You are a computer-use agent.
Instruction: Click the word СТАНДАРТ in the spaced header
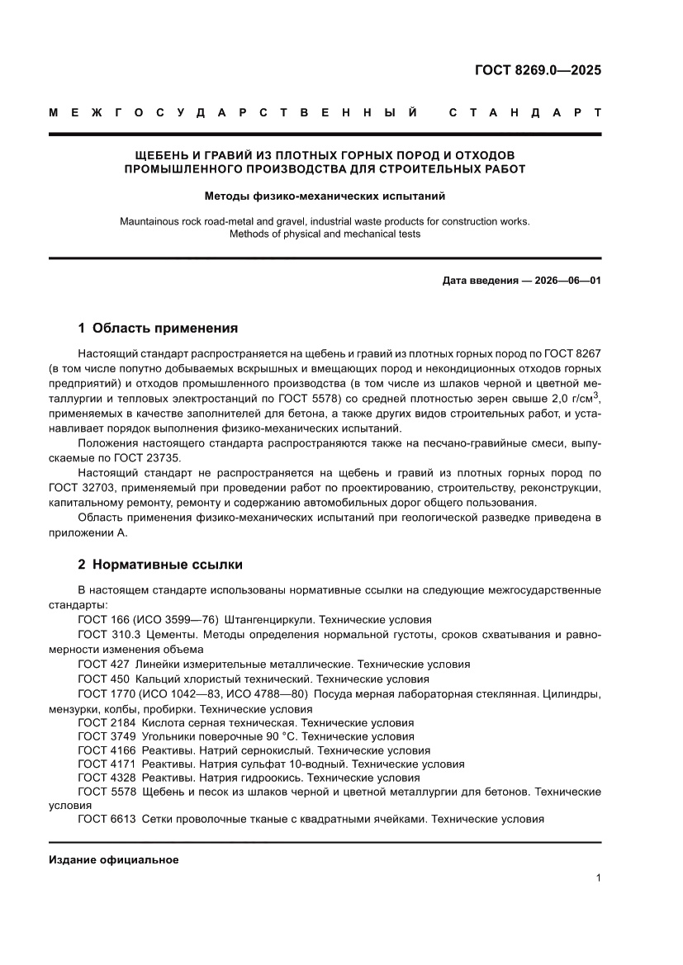(x=524, y=112)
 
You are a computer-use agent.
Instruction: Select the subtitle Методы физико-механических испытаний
(x=325, y=196)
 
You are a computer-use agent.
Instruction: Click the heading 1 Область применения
(x=158, y=328)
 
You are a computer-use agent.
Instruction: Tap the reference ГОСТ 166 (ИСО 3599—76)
(x=147, y=619)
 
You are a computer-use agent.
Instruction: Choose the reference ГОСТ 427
(x=103, y=664)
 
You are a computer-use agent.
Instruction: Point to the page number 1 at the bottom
(x=597, y=878)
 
